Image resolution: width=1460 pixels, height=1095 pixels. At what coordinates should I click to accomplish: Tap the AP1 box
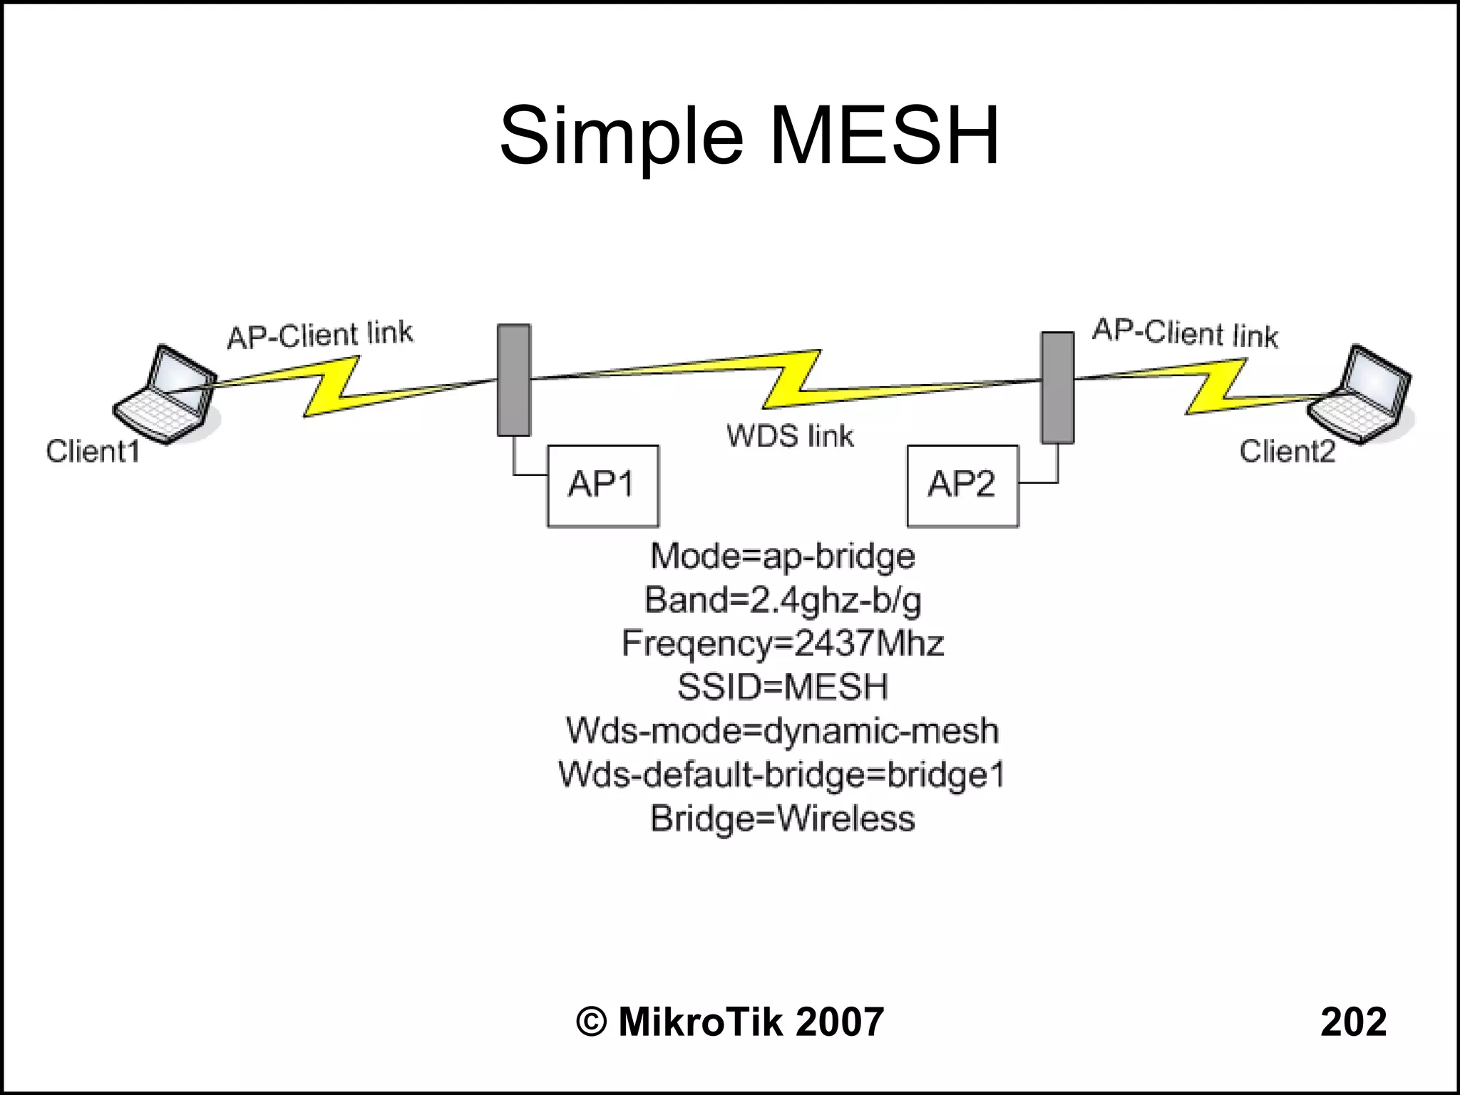(603, 486)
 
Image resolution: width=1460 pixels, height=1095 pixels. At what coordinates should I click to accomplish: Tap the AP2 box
(962, 486)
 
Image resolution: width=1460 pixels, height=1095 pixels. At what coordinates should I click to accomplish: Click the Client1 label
(93, 452)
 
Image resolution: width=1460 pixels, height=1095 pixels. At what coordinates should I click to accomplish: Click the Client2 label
(1287, 452)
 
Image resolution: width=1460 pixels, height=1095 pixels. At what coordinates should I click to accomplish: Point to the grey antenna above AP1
(513, 380)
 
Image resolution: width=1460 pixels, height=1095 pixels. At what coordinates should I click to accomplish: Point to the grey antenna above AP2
(1057, 388)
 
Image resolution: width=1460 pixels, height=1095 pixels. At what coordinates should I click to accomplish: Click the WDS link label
(790, 436)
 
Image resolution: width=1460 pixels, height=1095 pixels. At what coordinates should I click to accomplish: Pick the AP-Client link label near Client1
(319, 335)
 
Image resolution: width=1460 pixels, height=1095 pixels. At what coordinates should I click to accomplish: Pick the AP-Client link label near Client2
(1185, 333)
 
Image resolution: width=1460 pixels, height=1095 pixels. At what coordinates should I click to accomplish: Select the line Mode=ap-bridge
(782, 556)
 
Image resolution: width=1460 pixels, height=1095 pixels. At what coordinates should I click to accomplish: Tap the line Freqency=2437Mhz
(782, 643)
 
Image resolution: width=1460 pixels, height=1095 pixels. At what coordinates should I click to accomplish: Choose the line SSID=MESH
(782, 687)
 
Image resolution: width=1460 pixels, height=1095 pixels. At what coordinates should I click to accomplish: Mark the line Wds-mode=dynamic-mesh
(782, 731)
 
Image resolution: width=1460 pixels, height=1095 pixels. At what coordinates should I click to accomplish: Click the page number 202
(1352, 1022)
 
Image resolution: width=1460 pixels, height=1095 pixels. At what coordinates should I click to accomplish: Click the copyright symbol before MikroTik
(591, 1022)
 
